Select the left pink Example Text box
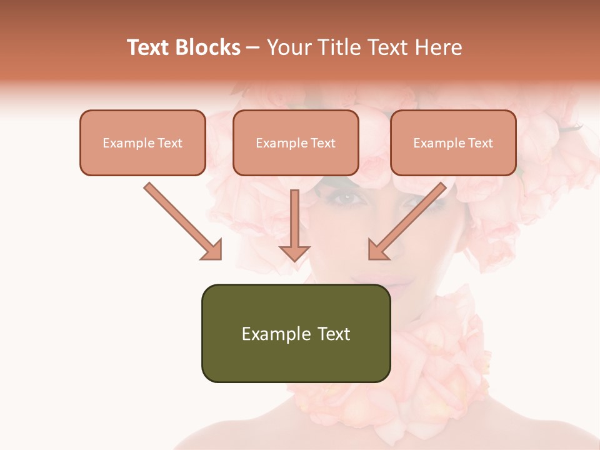[142, 142]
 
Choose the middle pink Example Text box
[296, 142]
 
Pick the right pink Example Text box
[453, 142]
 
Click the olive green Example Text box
[296, 333]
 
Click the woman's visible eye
[348, 199]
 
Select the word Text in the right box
[480, 142]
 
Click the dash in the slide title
[253, 48]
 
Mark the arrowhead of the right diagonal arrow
[379, 250]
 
